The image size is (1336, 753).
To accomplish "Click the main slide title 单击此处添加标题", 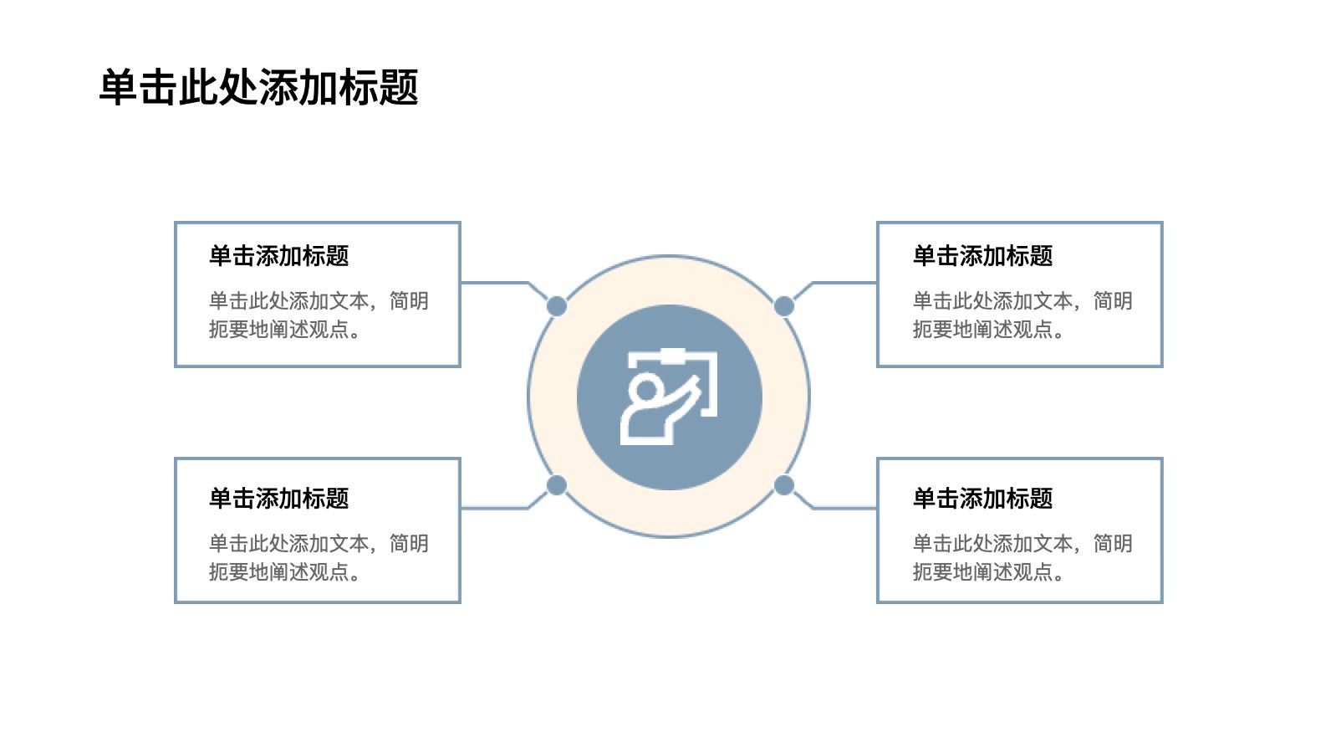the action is pyautogui.click(x=259, y=88).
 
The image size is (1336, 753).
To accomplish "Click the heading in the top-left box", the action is pyautogui.click(x=278, y=256).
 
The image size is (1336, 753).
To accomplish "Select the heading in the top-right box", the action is pyautogui.click(x=982, y=256).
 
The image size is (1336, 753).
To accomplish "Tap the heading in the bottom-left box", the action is pyautogui.click(x=278, y=498).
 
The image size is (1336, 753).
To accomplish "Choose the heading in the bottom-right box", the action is pyautogui.click(x=982, y=498).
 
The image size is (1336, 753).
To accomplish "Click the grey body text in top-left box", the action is pyautogui.click(x=319, y=315).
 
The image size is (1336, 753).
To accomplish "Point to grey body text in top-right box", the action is pyautogui.click(x=1022, y=315).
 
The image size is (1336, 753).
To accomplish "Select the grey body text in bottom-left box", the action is pyautogui.click(x=319, y=558).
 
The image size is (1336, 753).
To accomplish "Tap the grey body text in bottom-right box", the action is pyautogui.click(x=1022, y=558).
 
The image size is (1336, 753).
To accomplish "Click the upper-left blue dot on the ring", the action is pyautogui.click(x=557, y=306).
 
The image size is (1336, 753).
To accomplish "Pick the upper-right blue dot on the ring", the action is pyautogui.click(x=783, y=306).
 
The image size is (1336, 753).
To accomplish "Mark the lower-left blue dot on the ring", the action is pyautogui.click(x=557, y=485).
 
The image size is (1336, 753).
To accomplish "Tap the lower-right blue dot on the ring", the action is pyautogui.click(x=783, y=485).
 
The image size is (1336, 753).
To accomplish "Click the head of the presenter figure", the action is pyautogui.click(x=645, y=388).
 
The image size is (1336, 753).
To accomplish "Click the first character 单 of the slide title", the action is pyautogui.click(x=118, y=88).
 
